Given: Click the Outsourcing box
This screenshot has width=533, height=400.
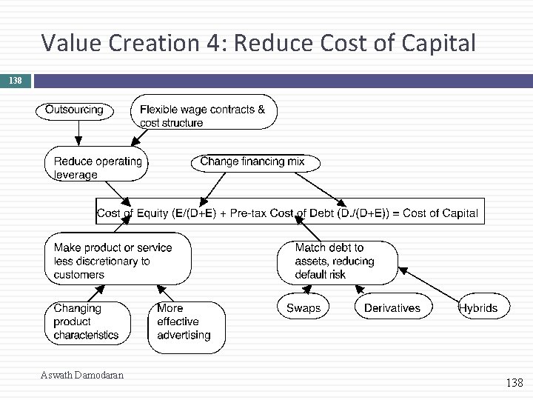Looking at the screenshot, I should [x=75, y=110].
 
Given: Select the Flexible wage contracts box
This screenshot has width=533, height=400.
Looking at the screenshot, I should [x=204, y=112].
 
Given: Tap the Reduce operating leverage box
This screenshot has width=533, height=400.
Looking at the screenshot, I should [x=95, y=167].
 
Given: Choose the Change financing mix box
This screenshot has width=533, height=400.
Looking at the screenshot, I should [x=252, y=161].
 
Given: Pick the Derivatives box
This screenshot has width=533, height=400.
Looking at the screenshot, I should [x=392, y=307].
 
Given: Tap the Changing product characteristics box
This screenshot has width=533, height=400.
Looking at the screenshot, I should [x=88, y=321].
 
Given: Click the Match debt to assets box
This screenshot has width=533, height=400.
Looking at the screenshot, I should [x=336, y=261].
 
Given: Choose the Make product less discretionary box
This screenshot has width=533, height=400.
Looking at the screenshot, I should [x=117, y=261].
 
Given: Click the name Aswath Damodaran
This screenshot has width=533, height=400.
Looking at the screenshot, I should [x=82, y=376].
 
